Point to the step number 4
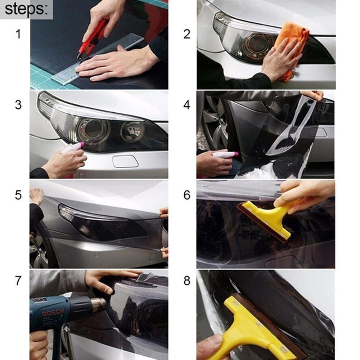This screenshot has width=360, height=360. (x=186, y=105)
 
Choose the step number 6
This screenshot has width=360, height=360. (x=186, y=195)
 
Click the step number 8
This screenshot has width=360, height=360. (x=186, y=281)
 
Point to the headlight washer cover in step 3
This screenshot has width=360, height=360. (x=125, y=161)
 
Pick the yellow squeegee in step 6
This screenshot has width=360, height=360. (x=268, y=218)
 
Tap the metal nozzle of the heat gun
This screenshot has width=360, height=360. (x=98, y=305)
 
